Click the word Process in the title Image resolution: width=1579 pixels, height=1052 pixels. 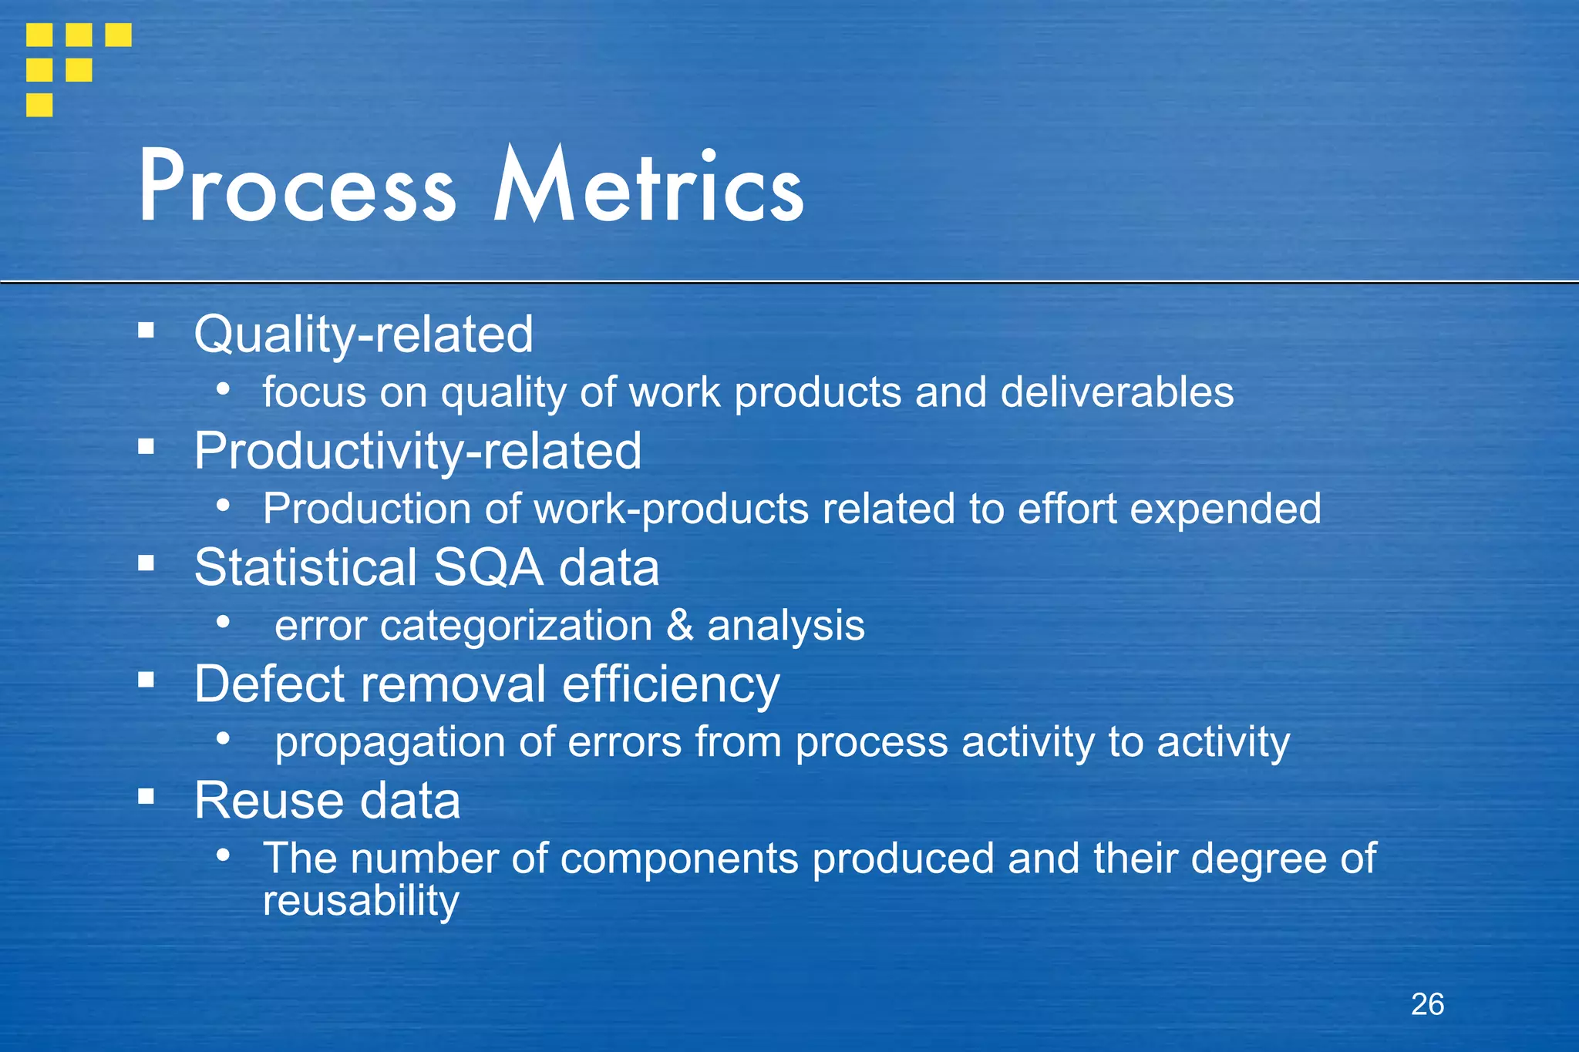tap(297, 187)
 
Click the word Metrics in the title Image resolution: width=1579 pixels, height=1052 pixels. tap(648, 187)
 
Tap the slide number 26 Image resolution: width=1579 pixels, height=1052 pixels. tap(1427, 1004)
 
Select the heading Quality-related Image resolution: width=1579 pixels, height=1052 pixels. tap(363, 334)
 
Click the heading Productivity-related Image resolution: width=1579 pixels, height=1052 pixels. tap(417, 451)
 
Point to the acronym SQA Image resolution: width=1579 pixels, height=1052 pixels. tap(488, 567)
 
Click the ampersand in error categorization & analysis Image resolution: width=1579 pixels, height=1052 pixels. tap(679, 624)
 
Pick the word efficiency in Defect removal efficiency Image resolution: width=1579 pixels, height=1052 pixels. tap(670, 684)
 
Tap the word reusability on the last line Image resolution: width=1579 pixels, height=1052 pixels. tap(361, 900)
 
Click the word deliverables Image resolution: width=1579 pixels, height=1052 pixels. tap(1116, 392)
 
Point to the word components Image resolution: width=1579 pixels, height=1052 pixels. tap(678, 859)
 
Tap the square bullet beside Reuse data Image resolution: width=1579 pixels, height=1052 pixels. tap(146, 796)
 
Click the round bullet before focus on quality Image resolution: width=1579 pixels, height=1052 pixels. tap(223, 389)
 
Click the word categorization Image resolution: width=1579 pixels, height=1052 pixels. tap(516, 625)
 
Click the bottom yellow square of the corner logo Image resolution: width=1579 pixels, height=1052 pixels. tap(39, 105)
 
